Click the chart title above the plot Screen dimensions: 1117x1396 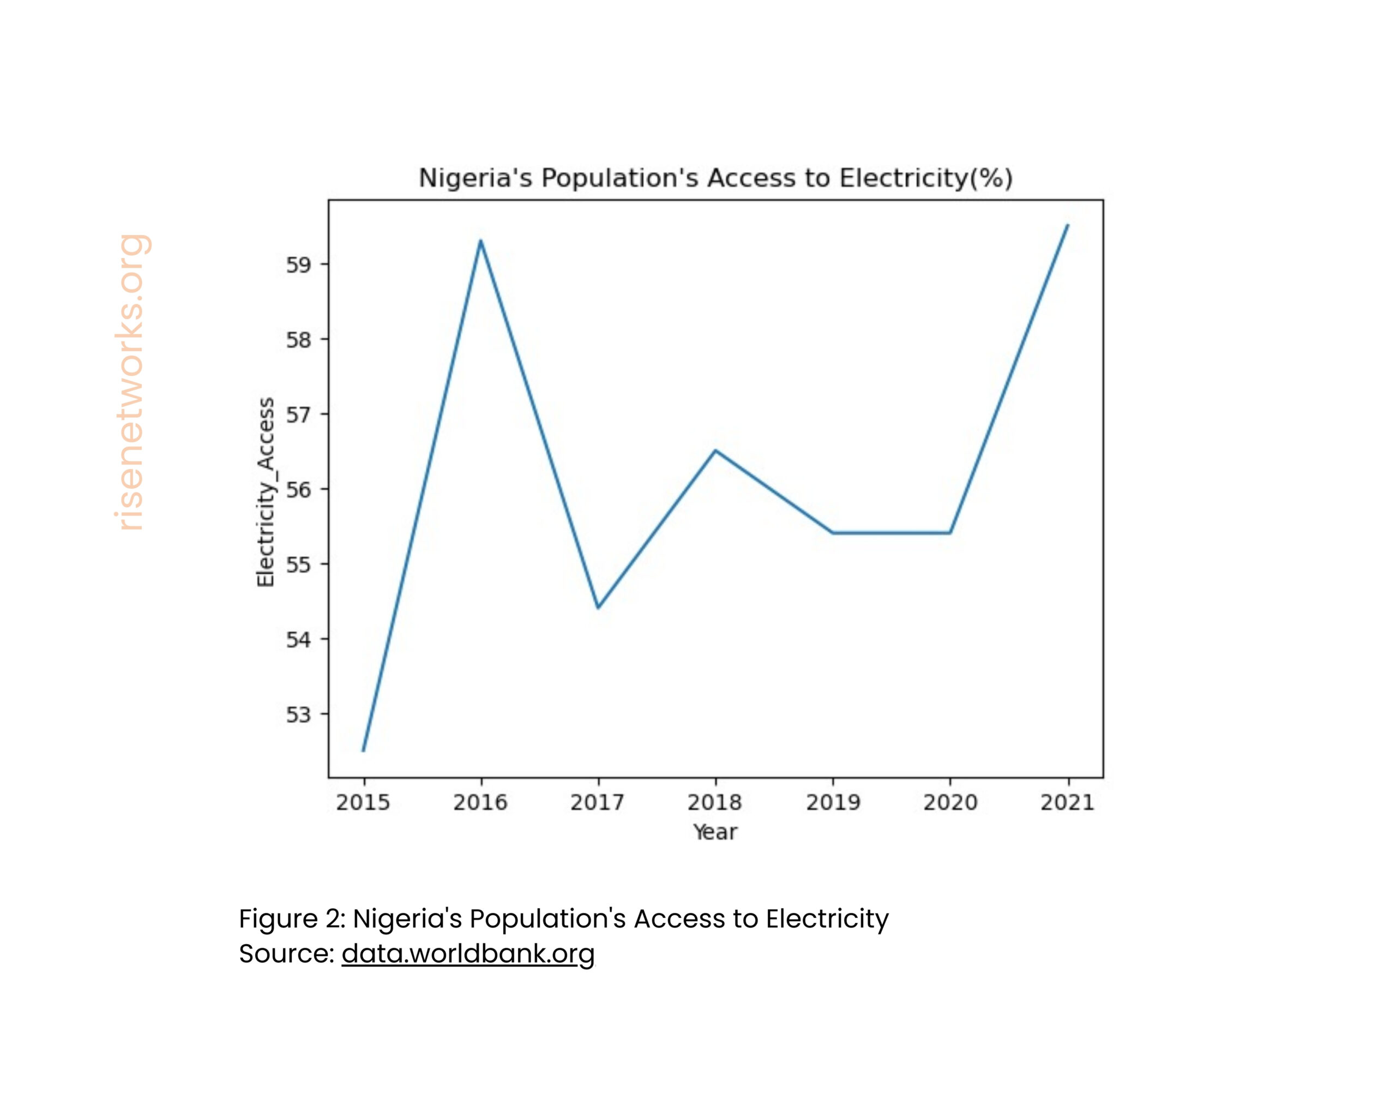pyautogui.click(x=715, y=178)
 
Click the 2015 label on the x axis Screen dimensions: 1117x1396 pyautogui.click(x=363, y=803)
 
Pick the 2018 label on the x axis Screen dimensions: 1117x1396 pyautogui.click(x=715, y=803)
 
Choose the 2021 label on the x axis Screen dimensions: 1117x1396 pyautogui.click(x=1067, y=803)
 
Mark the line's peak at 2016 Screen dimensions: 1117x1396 pyautogui.click(x=480, y=241)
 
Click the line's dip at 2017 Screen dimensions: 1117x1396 pyautogui.click(x=598, y=608)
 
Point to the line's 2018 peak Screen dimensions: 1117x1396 pyautogui.click(x=715, y=450)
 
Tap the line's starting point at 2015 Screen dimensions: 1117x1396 pyautogui.click(x=363, y=750)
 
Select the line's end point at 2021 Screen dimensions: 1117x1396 pyautogui.click(x=1068, y=225)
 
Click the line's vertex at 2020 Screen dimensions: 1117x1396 pyautogui.click(x=950, y=533)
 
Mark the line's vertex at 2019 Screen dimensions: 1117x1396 pyautogui.click(x=833, y=533)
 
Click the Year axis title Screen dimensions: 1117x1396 pyautogui.click(x=715, y=832)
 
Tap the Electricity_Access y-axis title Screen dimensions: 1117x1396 pyautogui.click(x=266, y=492)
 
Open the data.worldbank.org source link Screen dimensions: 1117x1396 pyautogui.click(x=468, y=953)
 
